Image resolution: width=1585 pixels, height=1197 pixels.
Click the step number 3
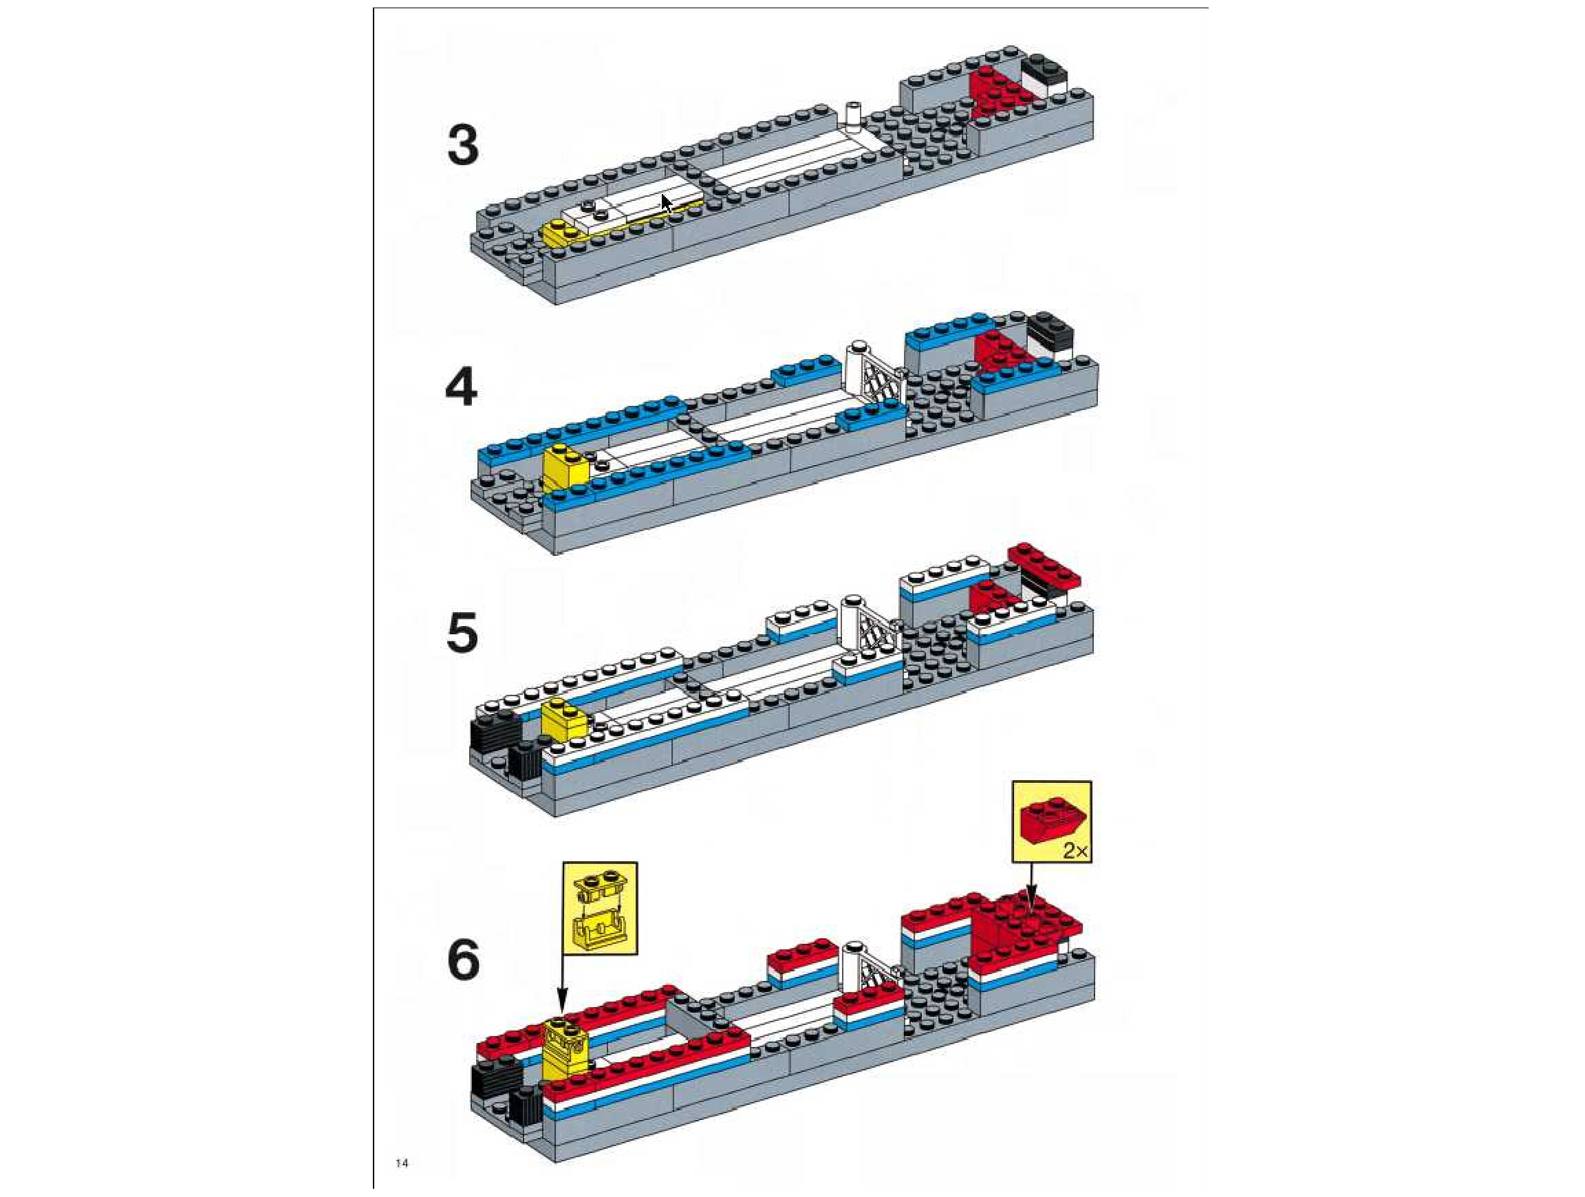click(463, 145)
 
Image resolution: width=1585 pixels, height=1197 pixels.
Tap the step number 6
click(463, 960)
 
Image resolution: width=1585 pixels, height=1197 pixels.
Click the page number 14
click(402, 1163)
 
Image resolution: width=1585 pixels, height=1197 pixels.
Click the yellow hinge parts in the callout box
click(600, 907)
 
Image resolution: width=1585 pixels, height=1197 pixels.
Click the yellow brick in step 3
click(559, 233)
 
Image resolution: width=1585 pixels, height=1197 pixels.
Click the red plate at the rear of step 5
click(1044, 565)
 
